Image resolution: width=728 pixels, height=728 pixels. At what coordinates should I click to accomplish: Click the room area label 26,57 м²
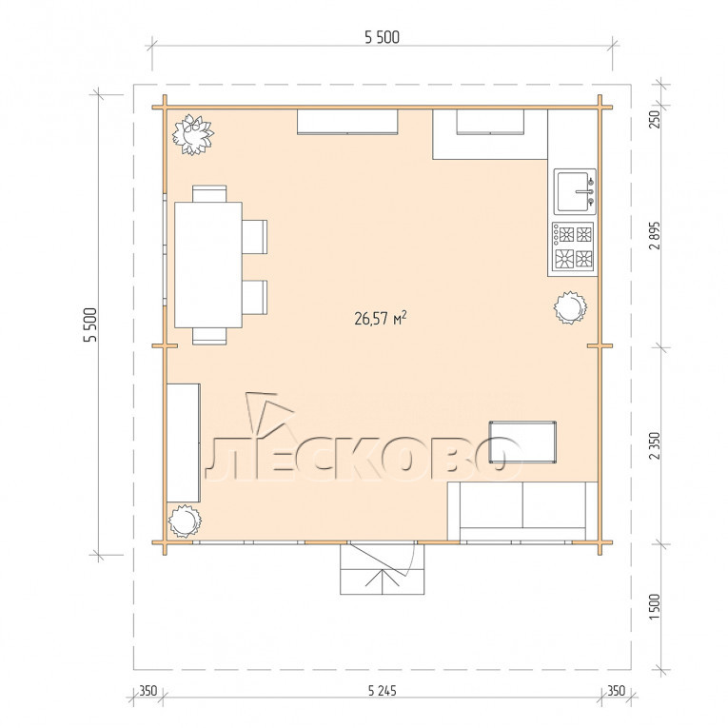(x=381, y=318)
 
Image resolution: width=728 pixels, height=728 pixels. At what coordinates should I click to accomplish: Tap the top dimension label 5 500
(x=382, y=37)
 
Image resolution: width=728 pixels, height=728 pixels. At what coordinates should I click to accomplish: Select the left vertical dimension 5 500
(x=90, y=325)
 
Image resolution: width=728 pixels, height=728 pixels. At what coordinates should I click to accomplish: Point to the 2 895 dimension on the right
(x=655, y=235)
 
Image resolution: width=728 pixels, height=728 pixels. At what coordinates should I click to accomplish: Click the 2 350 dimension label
(x=655, y=445)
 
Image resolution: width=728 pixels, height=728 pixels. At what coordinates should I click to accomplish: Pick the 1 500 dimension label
(x=655, y=606)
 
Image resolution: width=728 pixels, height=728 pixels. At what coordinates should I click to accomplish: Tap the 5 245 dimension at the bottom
(x=383, y=691)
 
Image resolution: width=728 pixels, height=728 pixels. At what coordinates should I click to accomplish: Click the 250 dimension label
(x=655, y=119)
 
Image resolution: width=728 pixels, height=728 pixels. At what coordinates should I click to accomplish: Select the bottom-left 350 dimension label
(x=148, y=691)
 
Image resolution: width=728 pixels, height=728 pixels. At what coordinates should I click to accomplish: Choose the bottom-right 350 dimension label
(x=616, y=691)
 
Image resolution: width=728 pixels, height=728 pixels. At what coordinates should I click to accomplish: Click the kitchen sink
(x=575, y=191)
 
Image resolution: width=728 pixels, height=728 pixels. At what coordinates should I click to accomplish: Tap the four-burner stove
(x=574, y=247)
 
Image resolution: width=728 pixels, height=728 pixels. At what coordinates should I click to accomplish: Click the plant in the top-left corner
(x=192, y=134)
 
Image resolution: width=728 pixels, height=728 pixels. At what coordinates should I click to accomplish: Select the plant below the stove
(x=570, y=307)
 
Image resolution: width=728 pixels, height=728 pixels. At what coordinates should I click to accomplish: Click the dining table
(x=208, y=265)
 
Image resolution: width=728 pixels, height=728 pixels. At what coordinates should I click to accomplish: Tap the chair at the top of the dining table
(x=209, y=193)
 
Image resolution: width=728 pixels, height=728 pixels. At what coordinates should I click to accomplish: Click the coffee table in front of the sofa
(x=522, y=443)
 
